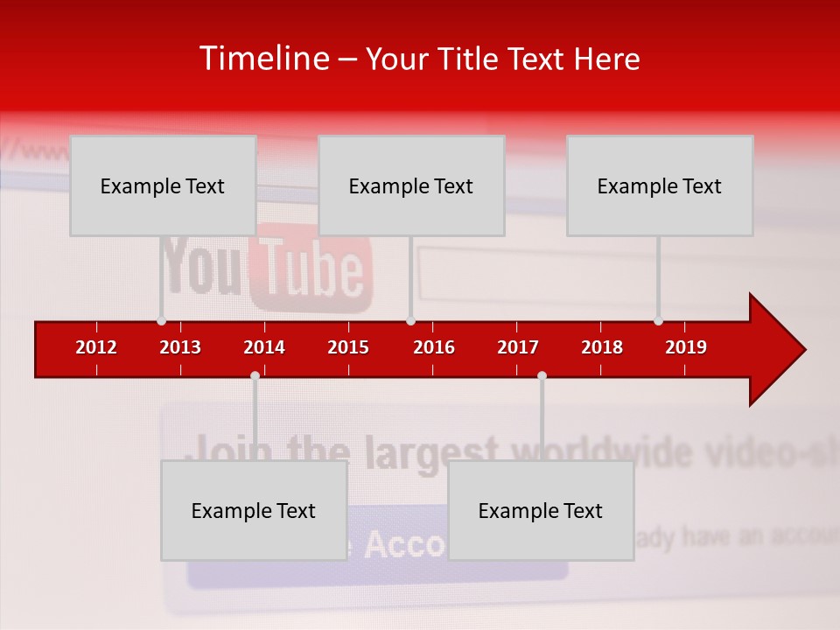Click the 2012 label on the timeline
tap(96, 347)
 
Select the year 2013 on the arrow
tap(180, 347)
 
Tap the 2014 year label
tap(264, 347)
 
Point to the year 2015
tap(348, 347)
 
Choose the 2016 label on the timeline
tap(434, 347)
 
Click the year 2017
tap(518, 347)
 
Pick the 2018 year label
tap(602, 347)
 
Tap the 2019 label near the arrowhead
tap(686, 347)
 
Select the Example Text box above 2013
tap(163, 185)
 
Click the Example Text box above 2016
tap(411, 185)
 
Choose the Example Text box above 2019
tap(660, 185)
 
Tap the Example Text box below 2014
tap(254, 510)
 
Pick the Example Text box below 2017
tap(541, 510)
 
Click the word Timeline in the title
tap(263, 59)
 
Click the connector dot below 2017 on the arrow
tap(542, 376)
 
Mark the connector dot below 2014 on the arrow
tap(255, 376)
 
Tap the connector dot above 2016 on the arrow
tap(410, 320)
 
